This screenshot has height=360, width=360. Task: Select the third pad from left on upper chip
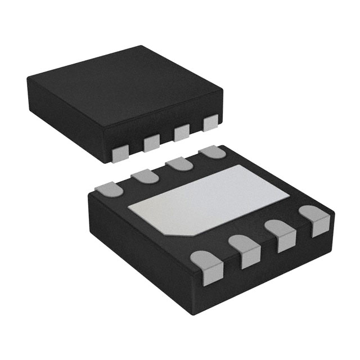click(182, 134)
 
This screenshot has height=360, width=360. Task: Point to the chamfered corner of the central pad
click(175, 230)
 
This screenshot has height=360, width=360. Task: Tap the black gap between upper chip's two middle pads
click(167, 139)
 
